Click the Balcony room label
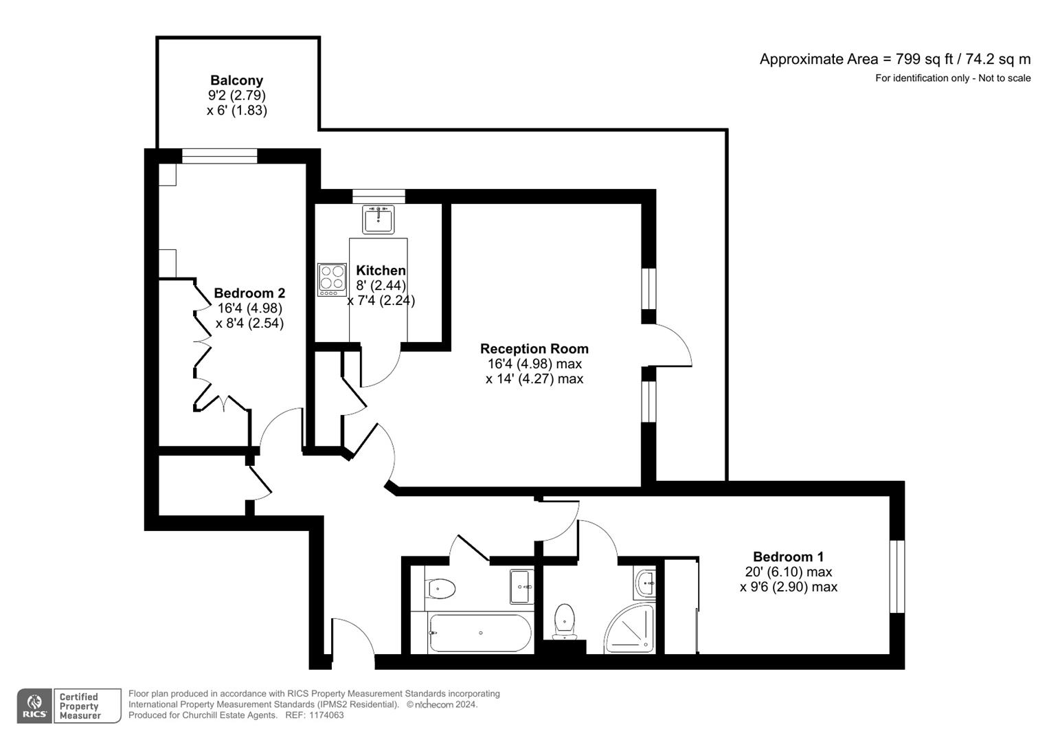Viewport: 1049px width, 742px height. coord(236,81)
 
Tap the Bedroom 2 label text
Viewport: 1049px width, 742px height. coord(249,293)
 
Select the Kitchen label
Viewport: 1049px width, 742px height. coord(381,271)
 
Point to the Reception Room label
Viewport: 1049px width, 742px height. coord(534,349)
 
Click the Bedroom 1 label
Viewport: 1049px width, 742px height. coord(788,557)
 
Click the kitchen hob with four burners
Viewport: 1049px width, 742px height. coord(332,280)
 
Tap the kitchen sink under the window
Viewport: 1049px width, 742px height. coord(378,220)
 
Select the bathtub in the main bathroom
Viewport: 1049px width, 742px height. coord(480,633)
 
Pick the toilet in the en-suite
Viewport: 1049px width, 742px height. coord(564,620)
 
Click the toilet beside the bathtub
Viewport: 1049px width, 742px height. coord(440,589)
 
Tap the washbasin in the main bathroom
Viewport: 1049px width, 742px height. coord(521,586)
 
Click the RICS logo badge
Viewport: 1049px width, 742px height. coord(34,706)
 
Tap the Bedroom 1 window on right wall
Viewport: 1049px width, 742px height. coord(897,576)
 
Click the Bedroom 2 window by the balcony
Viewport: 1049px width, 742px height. coord(219,156)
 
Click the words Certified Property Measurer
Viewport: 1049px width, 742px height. coord(80,706)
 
